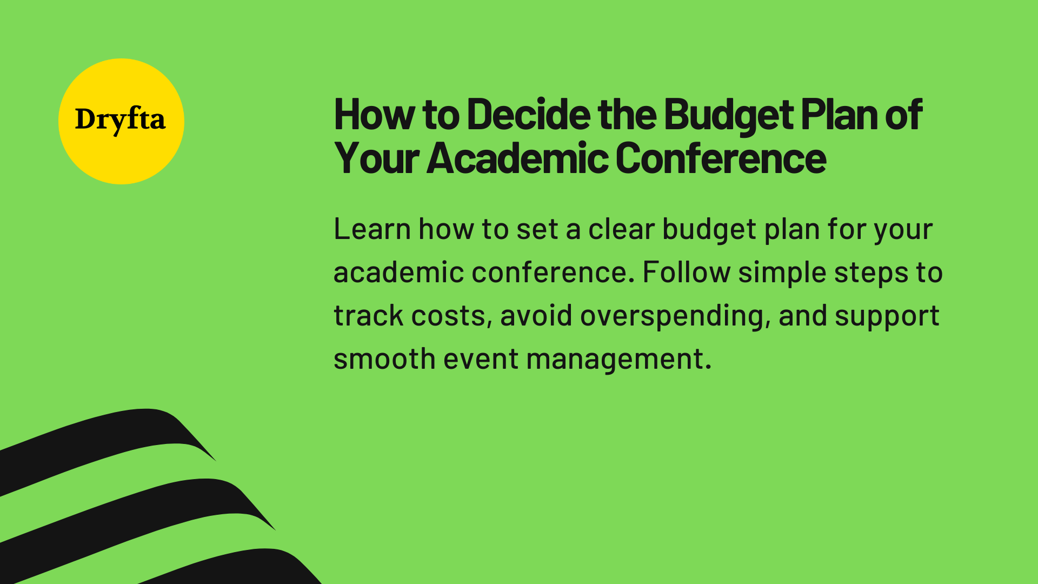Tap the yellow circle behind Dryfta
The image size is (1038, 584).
tap(121, 157)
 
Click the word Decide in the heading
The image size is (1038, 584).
tap(529, 115)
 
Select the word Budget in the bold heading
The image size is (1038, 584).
tap(728, 115)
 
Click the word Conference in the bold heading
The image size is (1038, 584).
tap(720, 158)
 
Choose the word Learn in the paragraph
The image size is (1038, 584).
tap(372, 229)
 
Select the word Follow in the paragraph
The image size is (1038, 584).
tap(686, 272)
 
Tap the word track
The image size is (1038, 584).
tap(368, 315)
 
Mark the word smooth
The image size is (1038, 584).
tap(384, 359)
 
